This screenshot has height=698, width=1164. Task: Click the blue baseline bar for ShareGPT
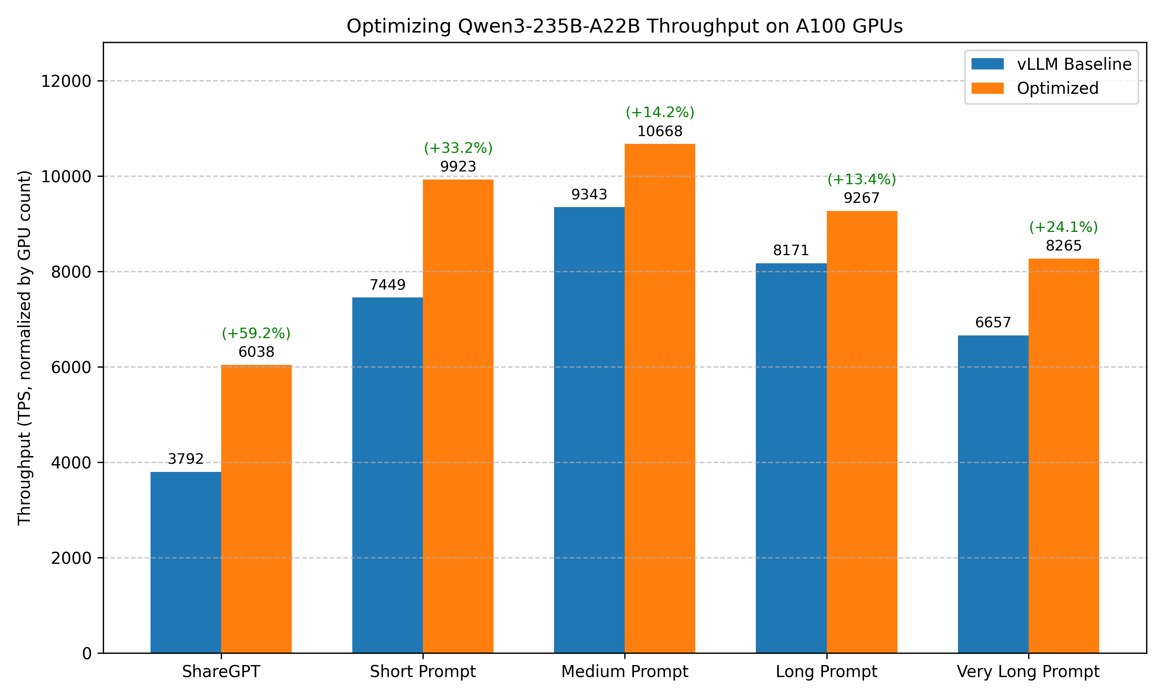pos(185,562)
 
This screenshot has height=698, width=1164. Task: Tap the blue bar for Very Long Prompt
pos(993,494)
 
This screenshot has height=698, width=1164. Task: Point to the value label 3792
pos(185,459)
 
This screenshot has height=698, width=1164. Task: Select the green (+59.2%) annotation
pos(256,333)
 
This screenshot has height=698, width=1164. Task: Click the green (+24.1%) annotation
pos(1064,227)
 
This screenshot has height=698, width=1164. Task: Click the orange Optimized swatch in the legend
pos(987,88)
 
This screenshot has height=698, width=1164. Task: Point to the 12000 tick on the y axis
pos(66,81)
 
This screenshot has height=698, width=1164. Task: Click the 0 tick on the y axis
pos(87,653)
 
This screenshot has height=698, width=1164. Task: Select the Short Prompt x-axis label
pos(423,671)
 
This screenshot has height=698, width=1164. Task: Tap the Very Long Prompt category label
pos(1028,671)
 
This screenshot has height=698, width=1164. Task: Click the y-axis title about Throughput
pos(24,348)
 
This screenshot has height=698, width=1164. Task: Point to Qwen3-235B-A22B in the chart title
pos(549,26)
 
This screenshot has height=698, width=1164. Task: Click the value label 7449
pos(387,285)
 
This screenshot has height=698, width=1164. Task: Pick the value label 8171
pos(791,250)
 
